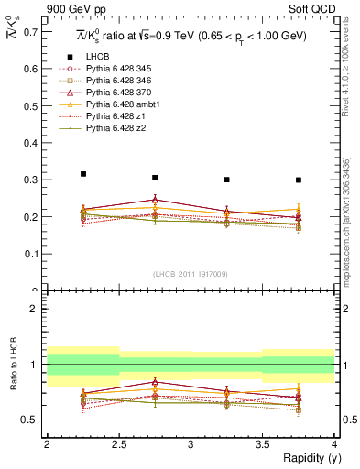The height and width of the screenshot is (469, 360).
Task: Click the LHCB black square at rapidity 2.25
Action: click(x=83, y=174)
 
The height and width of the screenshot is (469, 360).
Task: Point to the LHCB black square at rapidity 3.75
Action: click(x=299, y=180)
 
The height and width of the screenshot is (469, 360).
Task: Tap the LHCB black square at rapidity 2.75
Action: click(x=155, y=178)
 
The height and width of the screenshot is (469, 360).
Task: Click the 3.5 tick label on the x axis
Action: click(x=262, y=443)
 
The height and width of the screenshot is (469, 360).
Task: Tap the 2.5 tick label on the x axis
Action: click(x=118, y=443)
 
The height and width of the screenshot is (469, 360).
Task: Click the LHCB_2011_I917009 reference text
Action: click(x=190, y=273)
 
